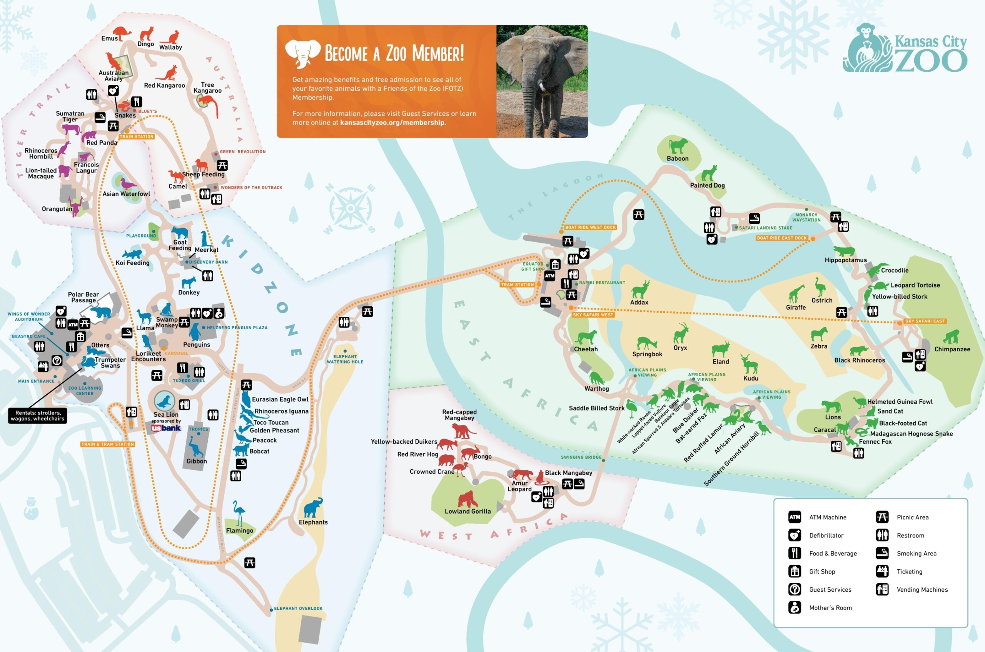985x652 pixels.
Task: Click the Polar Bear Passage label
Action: [83, 297]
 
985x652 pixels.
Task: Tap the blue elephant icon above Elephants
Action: [313, 508]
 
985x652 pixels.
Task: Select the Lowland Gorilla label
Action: [468, 511]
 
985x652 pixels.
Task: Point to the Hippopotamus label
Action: [846, 260]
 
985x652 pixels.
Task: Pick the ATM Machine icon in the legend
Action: [795, 517]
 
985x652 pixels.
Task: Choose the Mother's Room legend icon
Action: [795, 607]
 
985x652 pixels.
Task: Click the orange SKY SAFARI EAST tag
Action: [925, 321]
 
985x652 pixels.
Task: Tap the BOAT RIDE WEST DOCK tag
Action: [590, 228]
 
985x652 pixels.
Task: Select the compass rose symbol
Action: [351, 208]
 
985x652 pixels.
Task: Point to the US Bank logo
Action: [166, 428]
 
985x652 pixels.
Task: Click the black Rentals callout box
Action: [37, 416]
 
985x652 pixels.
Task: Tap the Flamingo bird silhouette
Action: [239, 513]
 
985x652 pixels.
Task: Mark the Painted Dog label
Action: [708, 185]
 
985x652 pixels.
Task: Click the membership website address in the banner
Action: [393, 123]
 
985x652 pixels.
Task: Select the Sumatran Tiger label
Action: [70, 116]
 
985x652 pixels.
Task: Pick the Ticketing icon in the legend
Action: [882, 571]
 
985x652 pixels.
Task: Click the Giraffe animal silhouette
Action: [796, 294]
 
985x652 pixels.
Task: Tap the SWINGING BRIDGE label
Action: [581, 457]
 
